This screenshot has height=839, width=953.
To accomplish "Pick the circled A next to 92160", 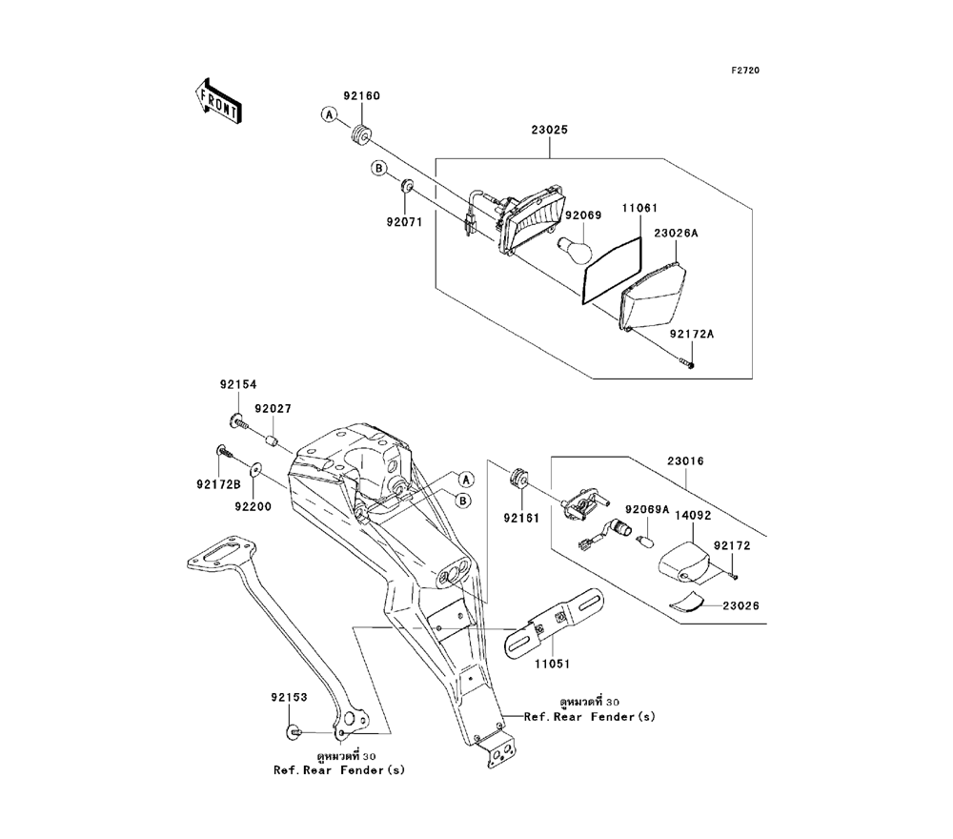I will point(329,115).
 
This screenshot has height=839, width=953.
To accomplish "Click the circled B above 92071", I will point(378,170).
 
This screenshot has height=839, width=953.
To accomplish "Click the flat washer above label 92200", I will point(254,470).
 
